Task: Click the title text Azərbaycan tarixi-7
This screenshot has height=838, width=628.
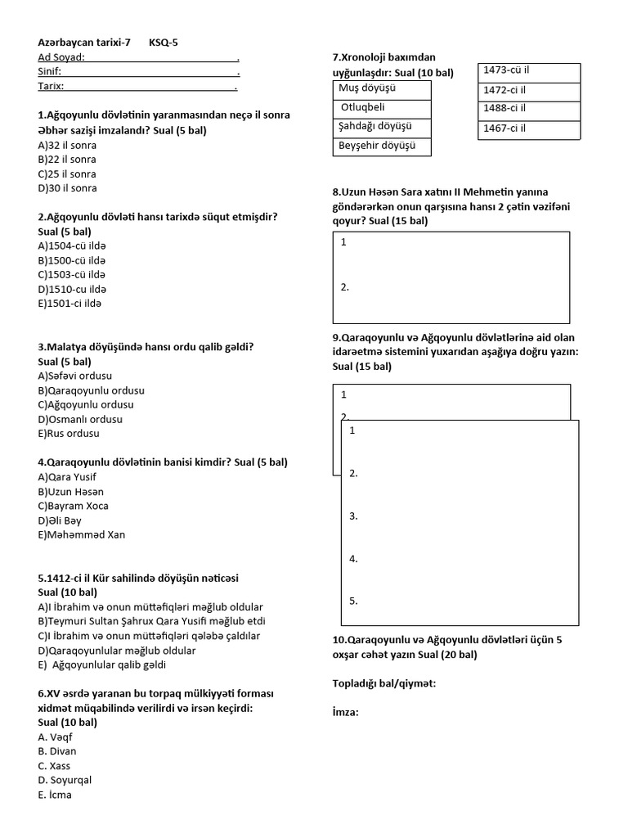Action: pos(84,42)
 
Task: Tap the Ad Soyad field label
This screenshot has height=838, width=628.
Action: pos(61,56)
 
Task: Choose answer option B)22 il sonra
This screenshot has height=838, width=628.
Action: pos(67,160)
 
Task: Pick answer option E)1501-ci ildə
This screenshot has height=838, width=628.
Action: pos(72,304)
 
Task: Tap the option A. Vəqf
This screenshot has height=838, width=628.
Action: pos(56,737)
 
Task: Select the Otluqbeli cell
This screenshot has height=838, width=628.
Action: pos(362,107)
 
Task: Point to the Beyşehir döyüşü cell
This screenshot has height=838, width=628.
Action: pos(378,146)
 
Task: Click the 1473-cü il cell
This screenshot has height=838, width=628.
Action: pos(507,70)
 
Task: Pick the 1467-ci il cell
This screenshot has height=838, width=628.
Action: pos(505,128)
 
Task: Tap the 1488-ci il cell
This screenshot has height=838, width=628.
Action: pos(505,108)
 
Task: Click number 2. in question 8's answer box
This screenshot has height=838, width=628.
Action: pos(345,287)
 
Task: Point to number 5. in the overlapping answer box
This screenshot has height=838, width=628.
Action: pos(354,601)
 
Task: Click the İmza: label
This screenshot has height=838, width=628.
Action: pos(346,712)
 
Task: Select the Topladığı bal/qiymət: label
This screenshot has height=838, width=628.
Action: pos(384,683)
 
